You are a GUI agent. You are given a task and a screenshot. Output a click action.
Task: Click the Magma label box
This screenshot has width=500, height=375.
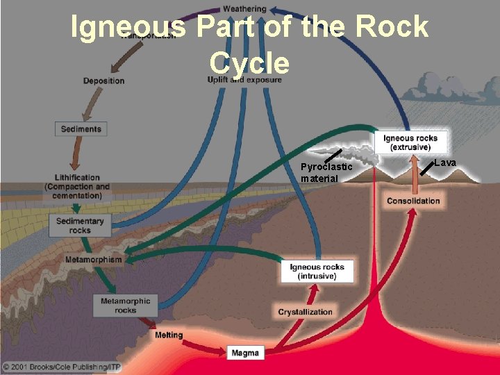(245, 353)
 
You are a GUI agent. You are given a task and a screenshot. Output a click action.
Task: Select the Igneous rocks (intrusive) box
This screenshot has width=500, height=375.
(317, 272)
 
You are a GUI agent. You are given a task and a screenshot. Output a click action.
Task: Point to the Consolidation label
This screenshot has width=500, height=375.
(413, 201)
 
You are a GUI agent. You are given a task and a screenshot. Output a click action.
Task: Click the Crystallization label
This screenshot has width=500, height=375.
(306, 312)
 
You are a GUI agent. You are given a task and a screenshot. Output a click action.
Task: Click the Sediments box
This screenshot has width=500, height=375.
(81, 128)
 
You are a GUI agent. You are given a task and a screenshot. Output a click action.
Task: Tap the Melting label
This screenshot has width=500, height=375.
(169, 335)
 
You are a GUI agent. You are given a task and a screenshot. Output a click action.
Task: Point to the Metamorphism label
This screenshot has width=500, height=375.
(93, 260)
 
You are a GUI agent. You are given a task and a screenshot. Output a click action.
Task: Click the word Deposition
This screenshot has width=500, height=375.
(104, 81)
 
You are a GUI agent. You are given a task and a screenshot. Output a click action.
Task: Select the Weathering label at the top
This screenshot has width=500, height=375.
(244, 9)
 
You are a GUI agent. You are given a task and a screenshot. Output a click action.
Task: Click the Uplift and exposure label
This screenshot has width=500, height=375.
(244, 80)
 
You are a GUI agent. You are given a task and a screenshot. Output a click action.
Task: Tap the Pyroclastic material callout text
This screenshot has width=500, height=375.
(326, 173)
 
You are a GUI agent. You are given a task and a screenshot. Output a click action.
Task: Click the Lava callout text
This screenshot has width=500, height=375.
(445, 162)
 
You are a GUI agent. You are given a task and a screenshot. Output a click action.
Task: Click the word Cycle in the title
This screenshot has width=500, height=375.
(249, 62)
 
